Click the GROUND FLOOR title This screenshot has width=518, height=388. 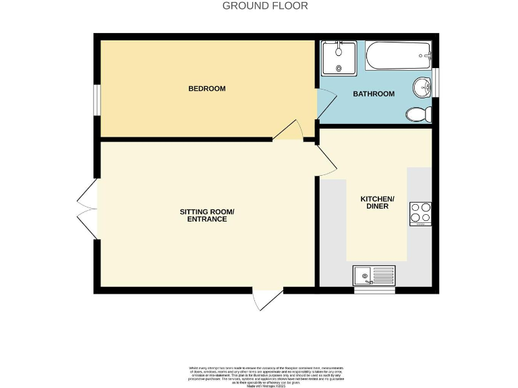click(265, 6)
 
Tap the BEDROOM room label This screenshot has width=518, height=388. click(206, 89)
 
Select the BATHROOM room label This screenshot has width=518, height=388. click(374, 94)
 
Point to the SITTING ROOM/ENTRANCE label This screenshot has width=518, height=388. click(207, 216)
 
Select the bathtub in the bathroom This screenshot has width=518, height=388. click(398, 55)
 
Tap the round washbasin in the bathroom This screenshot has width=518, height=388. click(422, 87)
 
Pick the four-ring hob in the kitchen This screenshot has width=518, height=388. click(420, 214)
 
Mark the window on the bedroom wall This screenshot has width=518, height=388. click(97, 100)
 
